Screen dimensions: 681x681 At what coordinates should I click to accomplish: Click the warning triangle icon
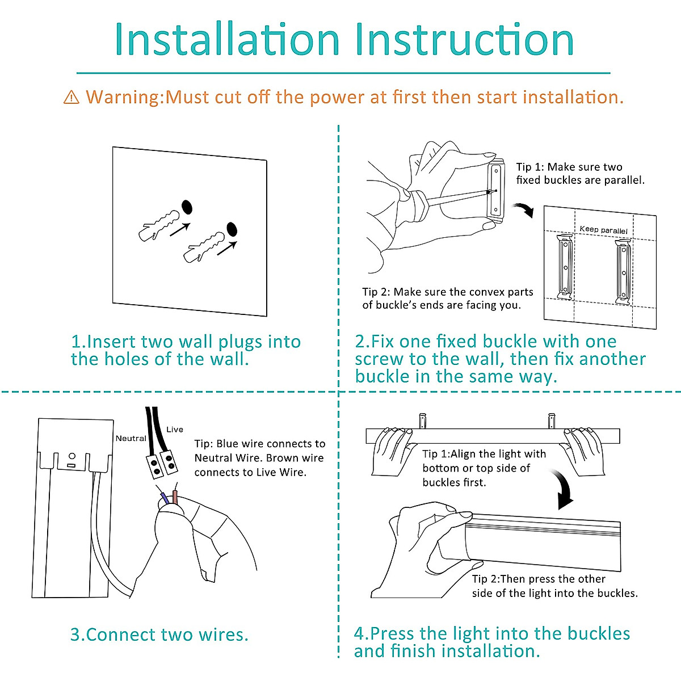tap(72, 97)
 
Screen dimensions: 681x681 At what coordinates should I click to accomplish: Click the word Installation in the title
tap(227, 39)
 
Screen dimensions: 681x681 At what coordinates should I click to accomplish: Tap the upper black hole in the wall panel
tap(187, 208)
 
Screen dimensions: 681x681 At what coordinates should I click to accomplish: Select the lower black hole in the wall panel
tap(232, 229)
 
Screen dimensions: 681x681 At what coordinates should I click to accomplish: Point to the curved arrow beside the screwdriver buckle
tap(524, 210)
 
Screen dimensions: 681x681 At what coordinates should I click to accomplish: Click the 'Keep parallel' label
tap(604, 230)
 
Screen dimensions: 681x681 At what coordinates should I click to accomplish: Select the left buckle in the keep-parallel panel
tap(565, 267)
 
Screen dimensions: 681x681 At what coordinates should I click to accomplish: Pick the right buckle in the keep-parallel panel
tap(623, 271)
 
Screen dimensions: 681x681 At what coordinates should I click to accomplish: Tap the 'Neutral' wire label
tap(131, 438)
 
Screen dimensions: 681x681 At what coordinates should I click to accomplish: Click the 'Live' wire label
tap(175, 430)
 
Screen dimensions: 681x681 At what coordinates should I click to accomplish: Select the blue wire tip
tap(165, 498)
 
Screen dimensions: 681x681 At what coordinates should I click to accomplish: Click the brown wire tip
tap(175, 497)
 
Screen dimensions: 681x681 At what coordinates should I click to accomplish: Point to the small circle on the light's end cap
tap(72, 456)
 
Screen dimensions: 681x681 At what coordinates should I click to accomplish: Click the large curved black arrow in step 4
tap(565, 489)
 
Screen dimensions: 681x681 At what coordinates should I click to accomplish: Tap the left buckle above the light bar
tap(423, 421)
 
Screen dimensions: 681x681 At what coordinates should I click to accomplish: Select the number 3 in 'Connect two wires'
tap(75, 634)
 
